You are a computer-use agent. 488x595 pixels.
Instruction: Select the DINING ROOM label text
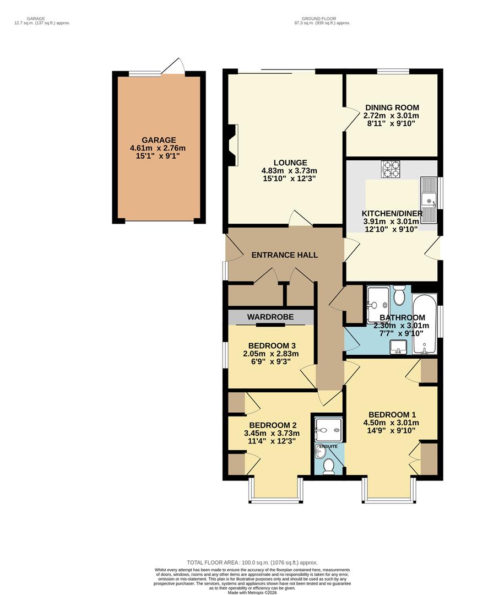[x=392, y=108]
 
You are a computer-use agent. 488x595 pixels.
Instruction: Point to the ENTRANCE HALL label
[x=285, y=255]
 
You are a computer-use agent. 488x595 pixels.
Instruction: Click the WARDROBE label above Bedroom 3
[x=270, y=317]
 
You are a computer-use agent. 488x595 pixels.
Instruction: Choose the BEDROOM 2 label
[x=273, y=425]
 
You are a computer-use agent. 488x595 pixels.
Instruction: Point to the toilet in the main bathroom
[x=399, y=296]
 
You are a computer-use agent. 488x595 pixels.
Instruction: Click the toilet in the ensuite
[x=329, y=467]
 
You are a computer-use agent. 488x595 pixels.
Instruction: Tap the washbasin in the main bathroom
[x=397, y=347]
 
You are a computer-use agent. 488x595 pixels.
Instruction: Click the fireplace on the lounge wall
[x=234, y=144]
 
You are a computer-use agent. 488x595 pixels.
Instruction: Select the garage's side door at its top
[x=176, y=66]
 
